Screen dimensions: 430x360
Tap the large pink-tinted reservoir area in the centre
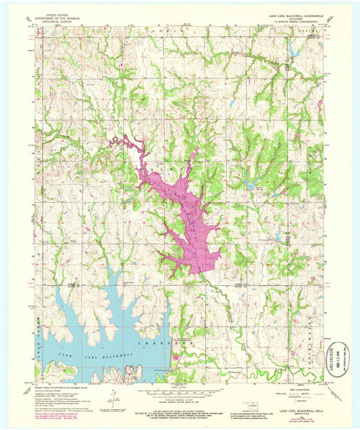click(x=186, y=216)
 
